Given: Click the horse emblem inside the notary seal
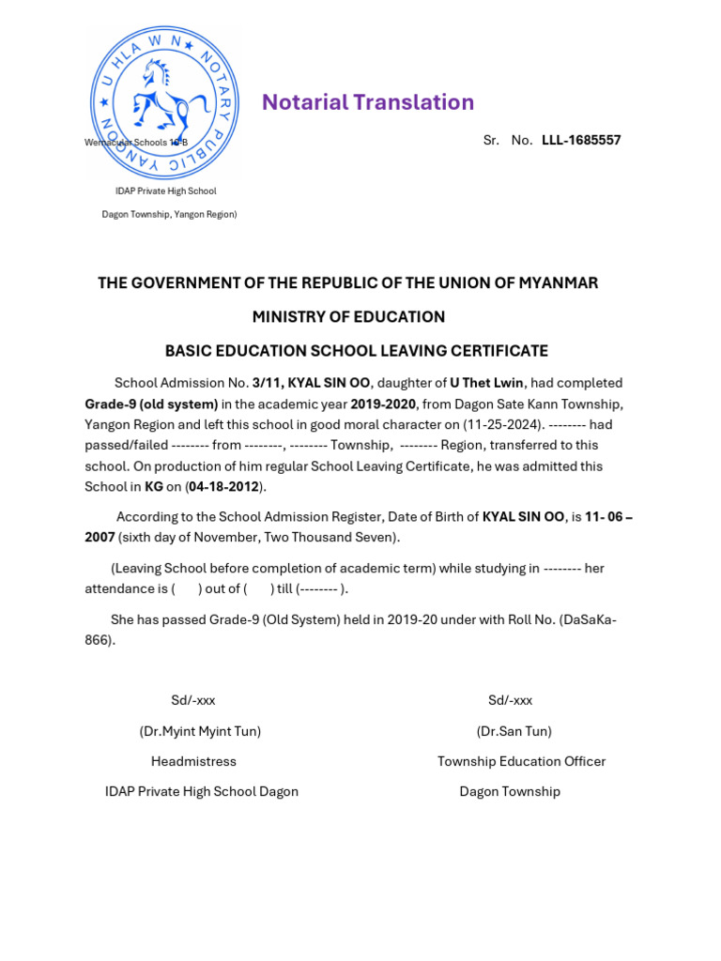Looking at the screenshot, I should pos(162,98).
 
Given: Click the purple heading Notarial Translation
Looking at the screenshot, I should pos(368,102).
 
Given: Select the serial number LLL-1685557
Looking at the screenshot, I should pos(581,141).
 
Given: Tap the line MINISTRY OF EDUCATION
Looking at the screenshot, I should pos(348,317).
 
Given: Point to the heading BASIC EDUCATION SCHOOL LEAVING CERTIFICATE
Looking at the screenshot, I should pos(357,351).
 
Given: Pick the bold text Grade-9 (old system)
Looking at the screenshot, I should pos(151,404).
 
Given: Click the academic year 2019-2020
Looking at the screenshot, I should pos(383,404).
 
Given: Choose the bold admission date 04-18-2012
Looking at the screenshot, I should pos(225,486).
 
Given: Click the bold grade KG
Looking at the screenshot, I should pos(154,486).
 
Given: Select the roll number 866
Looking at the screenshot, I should pos(99,640).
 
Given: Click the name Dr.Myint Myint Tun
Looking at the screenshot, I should pos(200,731).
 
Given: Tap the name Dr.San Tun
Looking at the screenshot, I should pos(514,731).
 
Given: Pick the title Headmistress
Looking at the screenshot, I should pos(193,761).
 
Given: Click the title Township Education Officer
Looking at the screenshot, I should pos(521,761).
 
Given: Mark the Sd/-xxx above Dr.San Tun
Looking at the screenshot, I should pos(510,700).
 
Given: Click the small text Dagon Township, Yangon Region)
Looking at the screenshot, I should pos(169,214).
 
